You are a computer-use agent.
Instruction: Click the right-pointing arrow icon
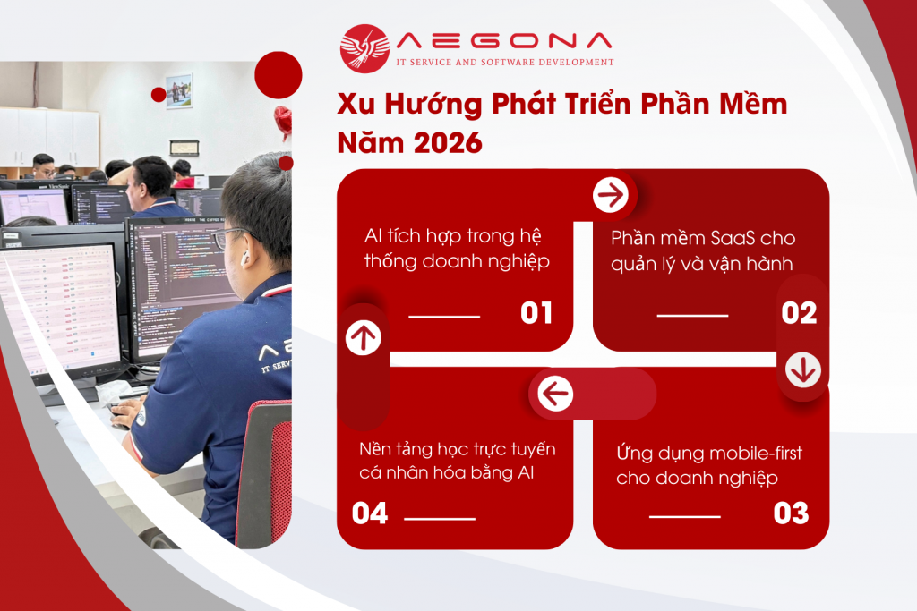tap(612, 194)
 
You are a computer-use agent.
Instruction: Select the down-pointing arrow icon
tap(802, 369)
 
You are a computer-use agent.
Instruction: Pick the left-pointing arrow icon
tap(555, 393)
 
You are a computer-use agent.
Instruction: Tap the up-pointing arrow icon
tap(364, 337)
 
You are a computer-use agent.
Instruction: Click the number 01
tap(536, 313)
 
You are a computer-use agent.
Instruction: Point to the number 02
tap(798, 313)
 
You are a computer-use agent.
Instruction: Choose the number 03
tap(791, 513)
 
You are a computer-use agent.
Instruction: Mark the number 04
tap(370, 513)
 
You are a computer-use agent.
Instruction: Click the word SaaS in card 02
tap(733, 239)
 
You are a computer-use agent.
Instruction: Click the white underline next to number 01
tap(444, 316)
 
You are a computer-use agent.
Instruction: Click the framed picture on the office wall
tap(179, 90)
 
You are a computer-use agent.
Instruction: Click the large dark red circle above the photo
tap(278, 74)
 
